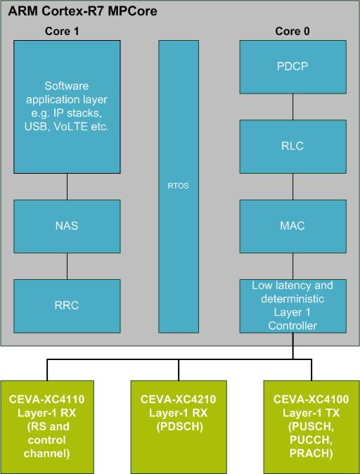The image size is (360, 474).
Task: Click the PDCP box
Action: (x=293, y=67)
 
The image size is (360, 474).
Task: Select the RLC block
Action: (x=293, y=146)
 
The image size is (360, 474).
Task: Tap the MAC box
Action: (x=293, y=226)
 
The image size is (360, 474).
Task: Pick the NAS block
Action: (x=67, y=226)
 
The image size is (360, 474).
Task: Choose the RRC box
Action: (x=67, y=306)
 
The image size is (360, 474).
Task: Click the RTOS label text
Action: (x=178, y=186)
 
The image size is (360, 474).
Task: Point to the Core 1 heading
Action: (x=62, y=31)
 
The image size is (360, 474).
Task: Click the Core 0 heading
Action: (x=292, y=31)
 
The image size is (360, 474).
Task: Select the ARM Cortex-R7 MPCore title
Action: (x=82, y=11)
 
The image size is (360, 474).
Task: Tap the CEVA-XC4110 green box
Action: (x=47, y=427)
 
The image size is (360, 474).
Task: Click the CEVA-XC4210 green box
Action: (x=179, y=427)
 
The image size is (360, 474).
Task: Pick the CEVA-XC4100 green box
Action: (x=311, y=427)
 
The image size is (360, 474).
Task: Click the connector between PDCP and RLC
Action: (x=292, y=107)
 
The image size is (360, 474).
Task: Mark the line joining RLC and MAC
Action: (x=292, y=186)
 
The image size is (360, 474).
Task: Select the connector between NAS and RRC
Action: (x=67, y=266)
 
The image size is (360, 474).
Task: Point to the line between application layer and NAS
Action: (x=67, y=186)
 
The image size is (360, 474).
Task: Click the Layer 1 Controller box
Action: (x=293, y=306)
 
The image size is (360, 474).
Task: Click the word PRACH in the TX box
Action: (x=311, y=454)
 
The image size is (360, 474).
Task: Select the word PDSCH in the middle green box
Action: (x=179, y=427)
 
